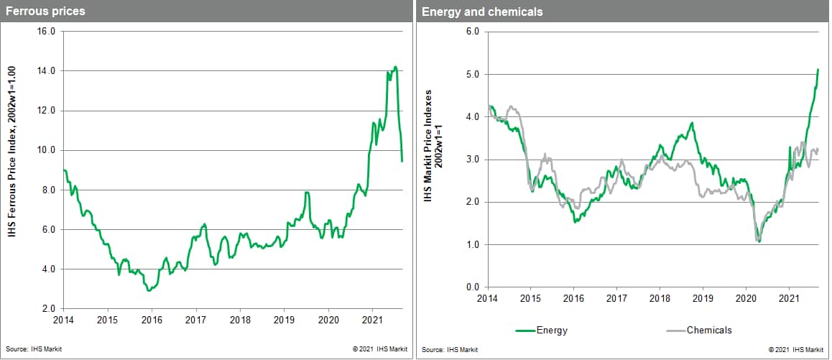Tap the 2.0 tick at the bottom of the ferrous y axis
[x=48, y=308]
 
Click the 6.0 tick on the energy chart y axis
[x=471, y=32]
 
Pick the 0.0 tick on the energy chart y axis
[x=471, y=287]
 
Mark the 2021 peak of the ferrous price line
[x=395, y=67]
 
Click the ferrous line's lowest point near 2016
[x=149, y=290]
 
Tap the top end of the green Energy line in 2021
[x=818, y=70]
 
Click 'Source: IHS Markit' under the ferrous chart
[x=29, y=349]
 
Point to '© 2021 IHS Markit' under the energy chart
[x=795, y=349]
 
